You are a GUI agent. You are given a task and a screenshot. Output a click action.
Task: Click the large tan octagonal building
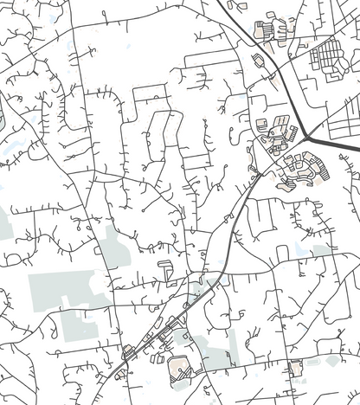[x=180, y=370]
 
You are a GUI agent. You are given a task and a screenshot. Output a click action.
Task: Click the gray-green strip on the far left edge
[x=4, y=225]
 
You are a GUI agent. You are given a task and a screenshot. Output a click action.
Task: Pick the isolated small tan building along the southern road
[x=296, y=368]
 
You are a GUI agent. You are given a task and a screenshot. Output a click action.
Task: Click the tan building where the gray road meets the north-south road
[x=128, y=351]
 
